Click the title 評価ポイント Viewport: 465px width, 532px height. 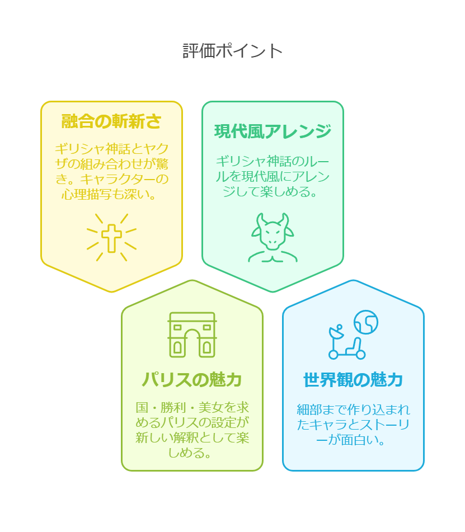click(233, 51)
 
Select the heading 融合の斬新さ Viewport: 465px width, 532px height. click(111, 121)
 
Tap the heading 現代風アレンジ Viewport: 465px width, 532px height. click(273, 131)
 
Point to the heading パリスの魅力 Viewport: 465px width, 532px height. click(192, 380)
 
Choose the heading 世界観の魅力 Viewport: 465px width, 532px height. click(353, 380)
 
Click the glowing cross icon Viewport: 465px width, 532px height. click(111, 238)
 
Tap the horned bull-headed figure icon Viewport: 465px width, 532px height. click(273, 238)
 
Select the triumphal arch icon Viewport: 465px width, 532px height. click(192, 335)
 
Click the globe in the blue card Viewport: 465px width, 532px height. click(366, 322)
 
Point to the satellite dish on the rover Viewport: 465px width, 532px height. click(336, 332)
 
